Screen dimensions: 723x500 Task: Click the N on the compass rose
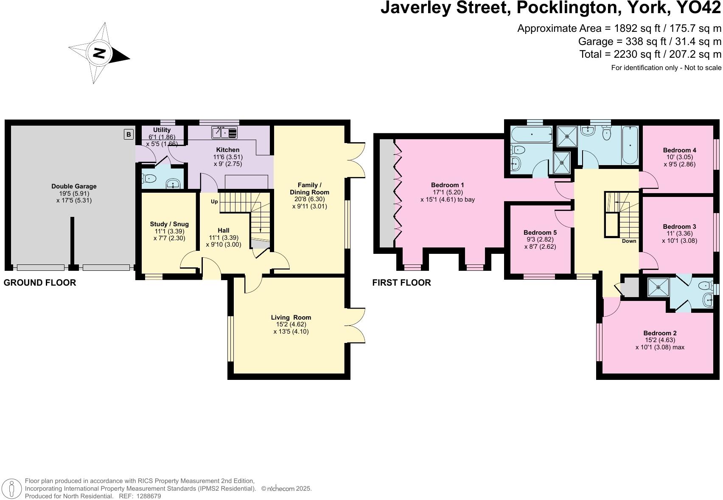click(99, 53)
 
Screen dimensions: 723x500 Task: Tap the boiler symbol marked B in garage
click(129, 134)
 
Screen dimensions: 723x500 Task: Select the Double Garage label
click(74, 186)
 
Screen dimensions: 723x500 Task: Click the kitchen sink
click(224, 132)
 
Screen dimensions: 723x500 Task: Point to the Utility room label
click(162, 130)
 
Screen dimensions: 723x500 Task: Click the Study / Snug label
click(169, 224)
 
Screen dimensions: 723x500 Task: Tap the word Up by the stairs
click(214, 202)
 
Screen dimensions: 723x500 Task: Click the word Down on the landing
click(629, 241)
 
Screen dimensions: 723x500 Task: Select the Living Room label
click(291, 317)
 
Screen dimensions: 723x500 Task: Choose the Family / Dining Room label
click(309, 188)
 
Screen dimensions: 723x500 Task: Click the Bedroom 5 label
click(540, 233)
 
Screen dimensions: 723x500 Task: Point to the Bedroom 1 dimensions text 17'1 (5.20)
click(448, 192)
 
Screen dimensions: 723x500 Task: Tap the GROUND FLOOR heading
click(40, 283)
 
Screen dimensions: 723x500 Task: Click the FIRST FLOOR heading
click(401, 283)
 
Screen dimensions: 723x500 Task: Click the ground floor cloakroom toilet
click(149, 178)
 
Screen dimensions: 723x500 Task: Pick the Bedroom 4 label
click(679, 150)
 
